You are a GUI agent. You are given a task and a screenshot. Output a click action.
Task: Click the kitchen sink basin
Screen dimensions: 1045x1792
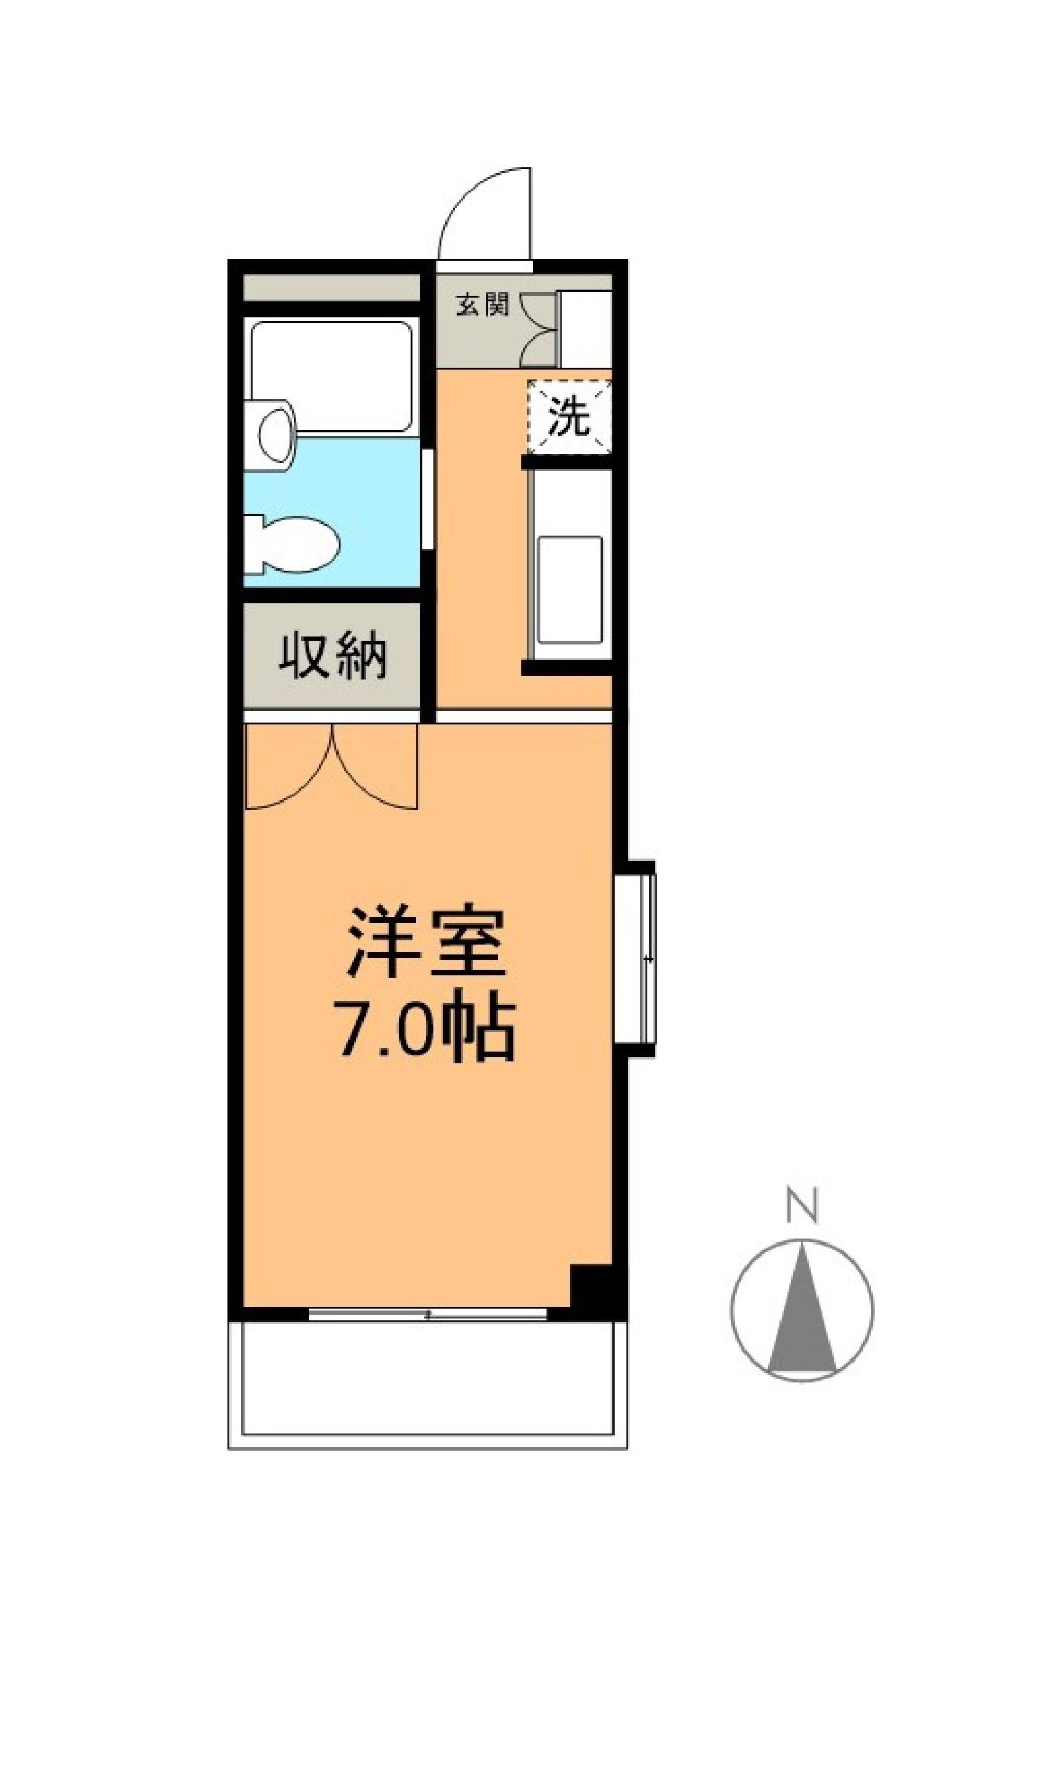click(x=569, y=590)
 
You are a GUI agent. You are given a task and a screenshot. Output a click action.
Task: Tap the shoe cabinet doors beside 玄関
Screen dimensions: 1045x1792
click(x=539, y=328)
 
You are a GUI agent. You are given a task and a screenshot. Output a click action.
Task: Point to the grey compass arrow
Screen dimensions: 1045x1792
click(x=803, y=1307)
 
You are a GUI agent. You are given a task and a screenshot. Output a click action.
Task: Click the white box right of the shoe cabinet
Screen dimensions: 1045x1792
click(x=586, y=328)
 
